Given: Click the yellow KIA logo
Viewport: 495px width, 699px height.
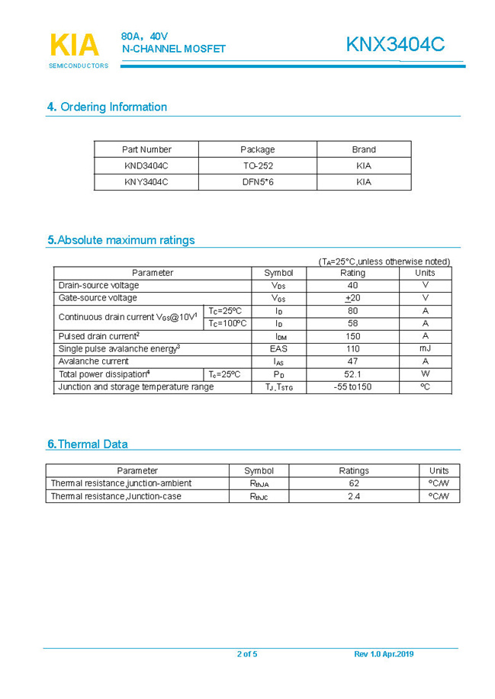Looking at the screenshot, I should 74,46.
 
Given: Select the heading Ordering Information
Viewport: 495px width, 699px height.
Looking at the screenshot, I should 107,107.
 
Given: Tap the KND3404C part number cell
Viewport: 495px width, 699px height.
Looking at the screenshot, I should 146,165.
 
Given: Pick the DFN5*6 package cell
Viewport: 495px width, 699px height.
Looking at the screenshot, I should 258,182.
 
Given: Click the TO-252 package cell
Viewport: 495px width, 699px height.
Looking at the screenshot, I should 258,165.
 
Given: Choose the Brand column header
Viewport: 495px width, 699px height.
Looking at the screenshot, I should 364,149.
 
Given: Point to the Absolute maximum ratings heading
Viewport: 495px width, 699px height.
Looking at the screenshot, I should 121,240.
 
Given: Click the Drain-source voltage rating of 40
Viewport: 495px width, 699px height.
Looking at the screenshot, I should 352,285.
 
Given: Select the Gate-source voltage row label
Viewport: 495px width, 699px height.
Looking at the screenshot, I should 98,298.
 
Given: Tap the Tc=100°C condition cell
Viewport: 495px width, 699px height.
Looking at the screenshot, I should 228,323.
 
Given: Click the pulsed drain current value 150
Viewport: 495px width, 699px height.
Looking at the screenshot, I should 352,336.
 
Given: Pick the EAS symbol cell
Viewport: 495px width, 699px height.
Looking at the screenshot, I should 278,348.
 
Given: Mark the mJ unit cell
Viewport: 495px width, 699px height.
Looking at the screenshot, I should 425,348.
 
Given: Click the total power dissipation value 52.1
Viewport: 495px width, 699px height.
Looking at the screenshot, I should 352,374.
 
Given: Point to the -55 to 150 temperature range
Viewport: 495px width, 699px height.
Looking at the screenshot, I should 352,387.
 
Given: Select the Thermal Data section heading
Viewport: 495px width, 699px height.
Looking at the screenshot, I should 88,444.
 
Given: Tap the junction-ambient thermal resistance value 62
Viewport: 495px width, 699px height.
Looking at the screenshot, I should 354,483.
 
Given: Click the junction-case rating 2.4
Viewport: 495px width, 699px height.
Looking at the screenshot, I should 354,496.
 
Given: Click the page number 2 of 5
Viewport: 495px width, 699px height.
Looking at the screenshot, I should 247,654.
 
